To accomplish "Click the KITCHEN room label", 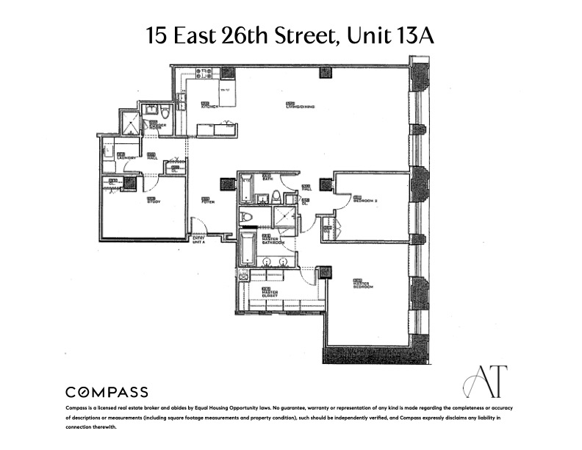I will coord(211,105).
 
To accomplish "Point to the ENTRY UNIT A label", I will coord(198,240).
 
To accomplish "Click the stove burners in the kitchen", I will coord(204,74).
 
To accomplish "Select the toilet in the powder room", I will coord(165,113).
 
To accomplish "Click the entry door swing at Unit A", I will coord(198,226).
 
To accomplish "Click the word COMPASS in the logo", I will coord(107,392).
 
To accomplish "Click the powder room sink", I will coord(151,110).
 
